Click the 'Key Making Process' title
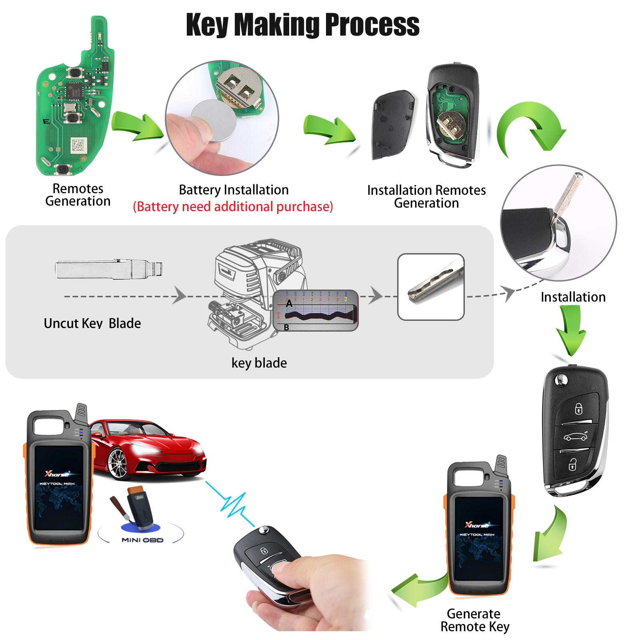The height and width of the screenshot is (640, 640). click(303, 25)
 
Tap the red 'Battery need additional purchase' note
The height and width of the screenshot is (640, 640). click(233, 207)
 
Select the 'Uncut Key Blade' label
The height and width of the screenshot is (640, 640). click(92, 323)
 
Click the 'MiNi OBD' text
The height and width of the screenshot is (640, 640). click(142, 540)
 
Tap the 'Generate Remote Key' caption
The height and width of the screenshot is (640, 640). click(474, 620)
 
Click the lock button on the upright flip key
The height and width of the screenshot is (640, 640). click(578, 409)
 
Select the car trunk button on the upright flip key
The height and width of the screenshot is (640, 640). click(576, 437)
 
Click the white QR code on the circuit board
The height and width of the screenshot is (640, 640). click(79, 145)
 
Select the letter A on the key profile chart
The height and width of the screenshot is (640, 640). click(289, 304)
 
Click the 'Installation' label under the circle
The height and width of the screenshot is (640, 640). click(573, 297)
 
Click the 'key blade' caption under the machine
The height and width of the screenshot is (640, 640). click(259, 363)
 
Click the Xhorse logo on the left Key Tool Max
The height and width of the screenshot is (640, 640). click(57, 474)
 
